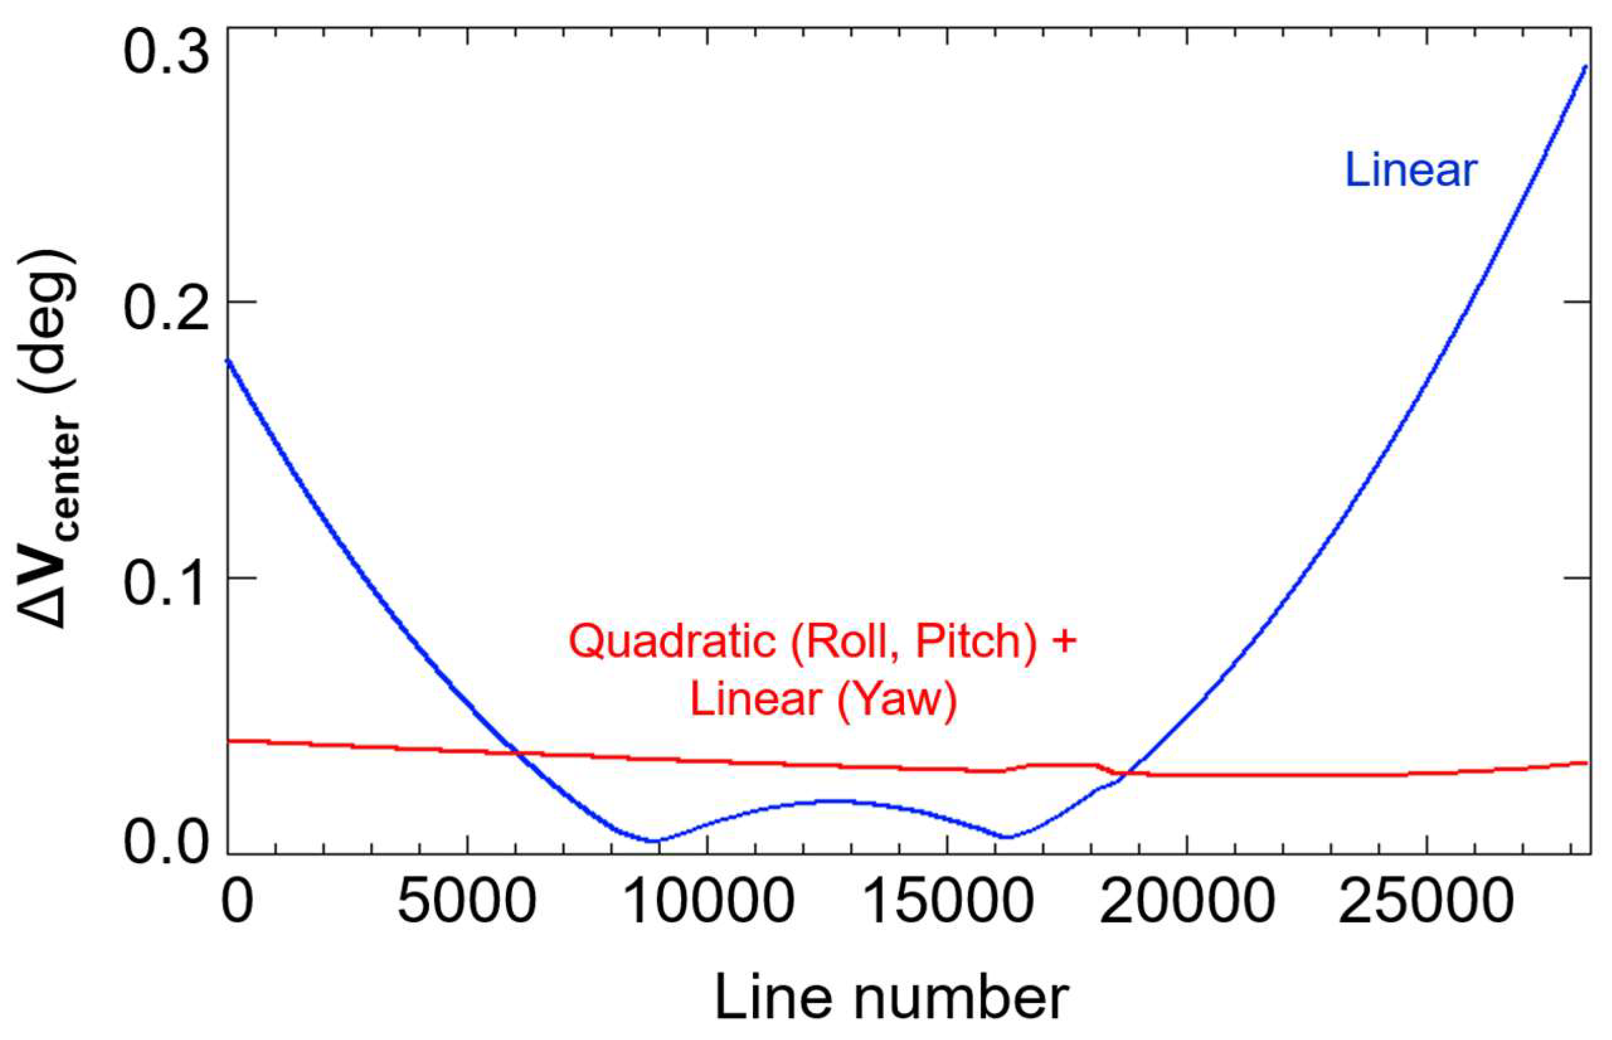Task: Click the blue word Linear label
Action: (1411, 170)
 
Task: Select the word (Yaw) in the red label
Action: (897, 699)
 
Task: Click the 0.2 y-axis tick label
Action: (164, 312)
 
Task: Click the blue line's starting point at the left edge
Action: (228, 360)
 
